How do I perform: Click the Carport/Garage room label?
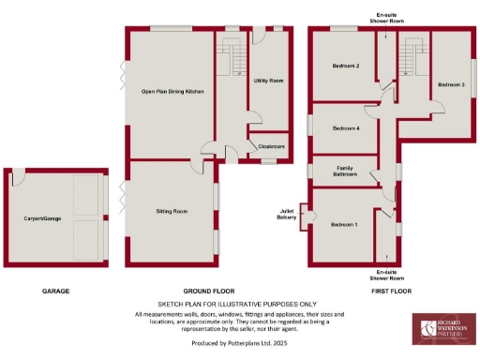[42, 218]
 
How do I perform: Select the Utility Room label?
[269, 82]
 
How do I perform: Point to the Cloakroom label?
[272, 146]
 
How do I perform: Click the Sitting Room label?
[172, 212]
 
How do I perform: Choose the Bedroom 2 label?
[346, 66]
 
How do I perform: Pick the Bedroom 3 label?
[450, 84]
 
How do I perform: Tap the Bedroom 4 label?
[346, 127]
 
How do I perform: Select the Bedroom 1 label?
[344, 225]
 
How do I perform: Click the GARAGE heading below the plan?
[55, 292]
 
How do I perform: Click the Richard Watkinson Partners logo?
[443, 329]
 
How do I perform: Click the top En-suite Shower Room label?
[384, 17]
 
